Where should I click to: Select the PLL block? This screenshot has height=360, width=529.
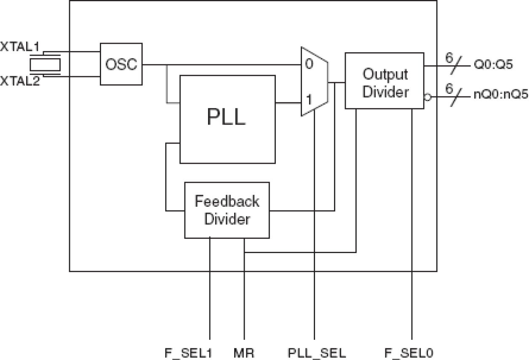click(227, 119)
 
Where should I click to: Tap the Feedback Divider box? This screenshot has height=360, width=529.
click(227, 210)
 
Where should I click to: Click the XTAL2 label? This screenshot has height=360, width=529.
click(20, 81)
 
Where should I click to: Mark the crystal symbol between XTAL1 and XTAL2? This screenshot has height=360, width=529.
click(45, 64)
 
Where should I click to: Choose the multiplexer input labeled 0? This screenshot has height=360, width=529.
click(309, 65)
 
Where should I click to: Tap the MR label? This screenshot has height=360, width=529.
click(244, 352)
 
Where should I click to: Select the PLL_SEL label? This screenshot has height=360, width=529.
click(317, 352)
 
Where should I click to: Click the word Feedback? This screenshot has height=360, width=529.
click(227, 202)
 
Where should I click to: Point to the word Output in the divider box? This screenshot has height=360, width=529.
click(385, 74)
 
